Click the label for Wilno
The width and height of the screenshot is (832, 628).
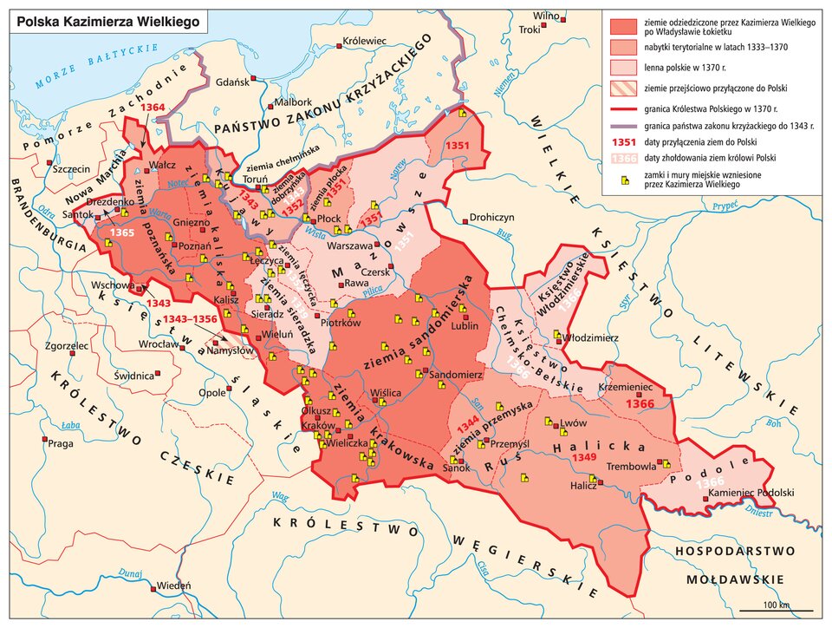pyautogui.click(x=546, y=16)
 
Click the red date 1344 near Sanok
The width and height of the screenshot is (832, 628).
pyautogui.click(x=466, y=422)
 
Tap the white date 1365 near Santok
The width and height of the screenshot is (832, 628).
pyautogui.click(x=122, y=233)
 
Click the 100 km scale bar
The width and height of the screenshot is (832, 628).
pyautogui.click(x=776, y=609)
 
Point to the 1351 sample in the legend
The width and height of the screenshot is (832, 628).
pyautogui.click(x=624, y=141)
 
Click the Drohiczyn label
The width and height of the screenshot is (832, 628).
pyautogui.click(x=492, y=217)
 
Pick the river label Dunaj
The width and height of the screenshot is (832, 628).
pyautogui.click(x=130, y=572)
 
